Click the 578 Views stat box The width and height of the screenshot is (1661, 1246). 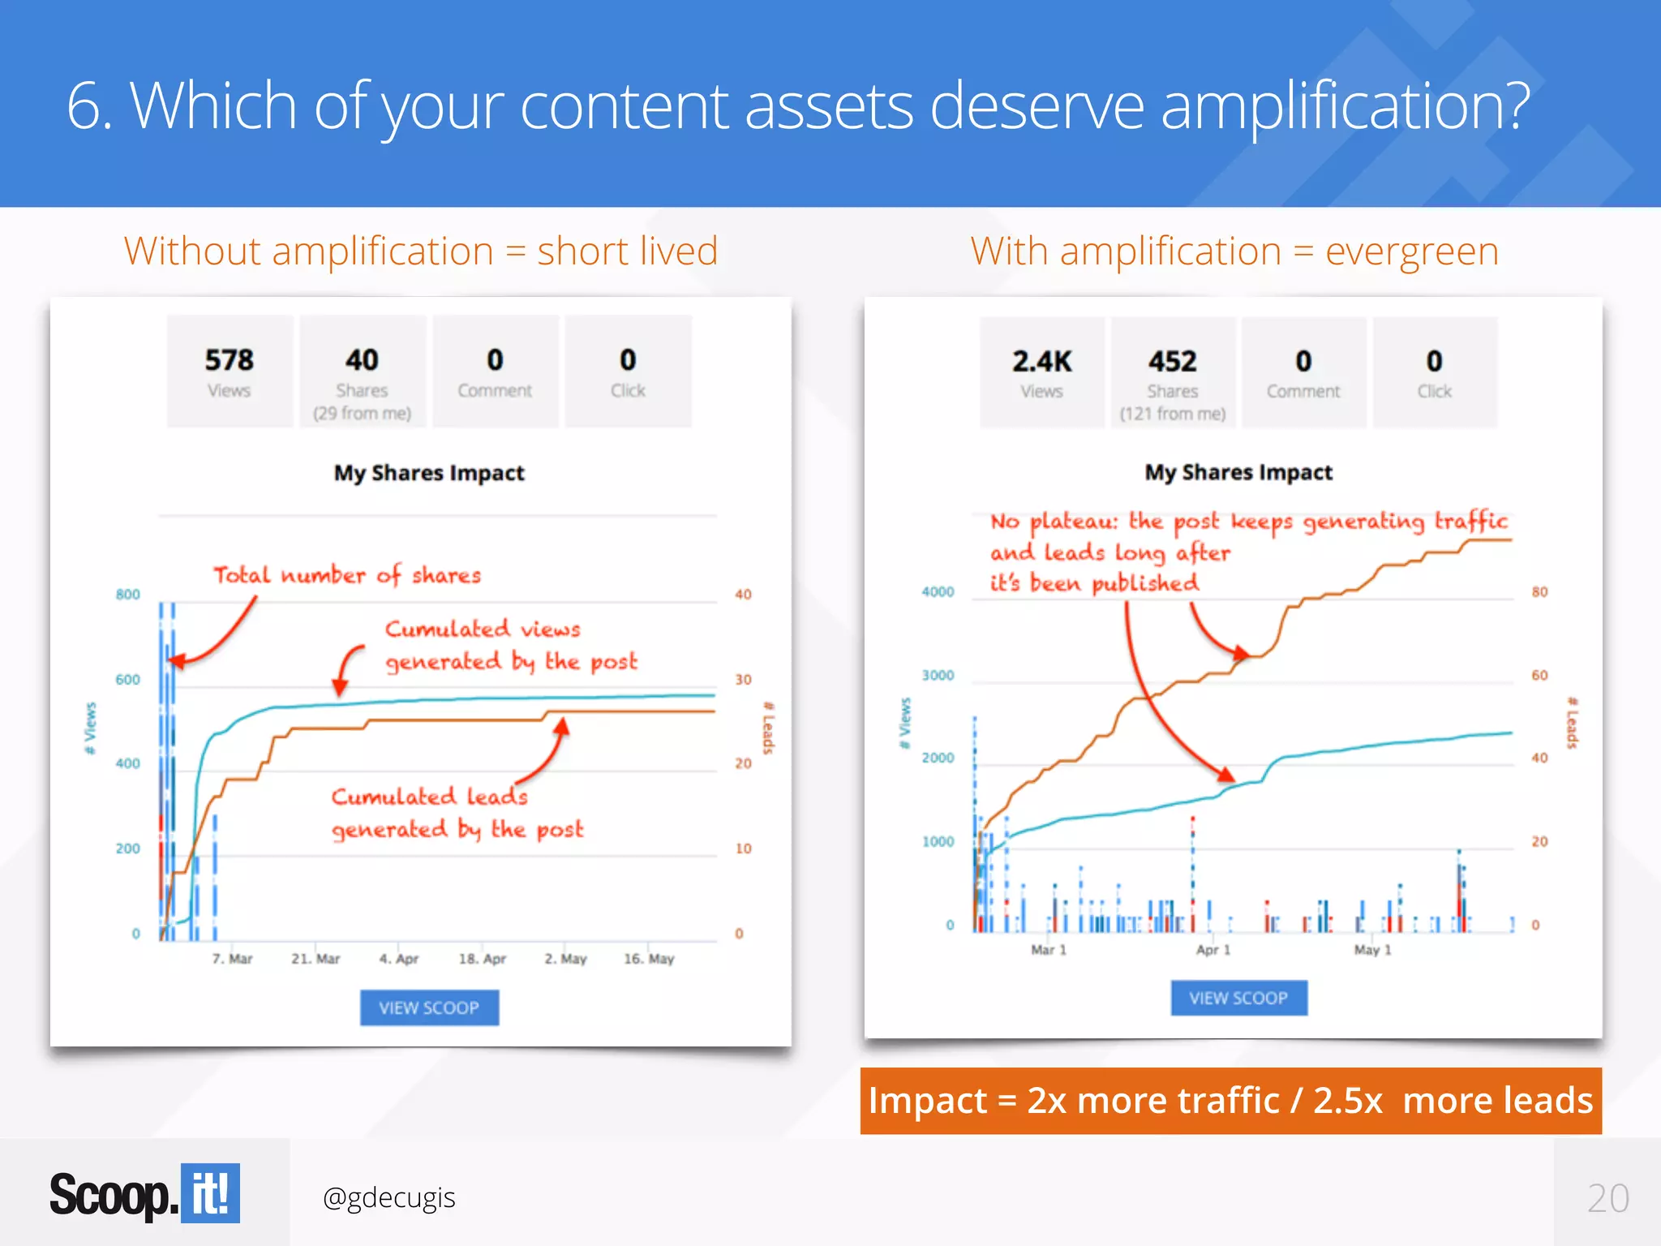tap(230, 371)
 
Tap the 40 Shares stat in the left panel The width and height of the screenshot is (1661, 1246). tap(362, 372)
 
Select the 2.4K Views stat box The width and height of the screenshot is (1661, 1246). tap(1041, 372)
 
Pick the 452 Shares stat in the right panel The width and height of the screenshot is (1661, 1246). tap(1172, 372)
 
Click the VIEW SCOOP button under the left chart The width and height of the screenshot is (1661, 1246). tap(429, 1008)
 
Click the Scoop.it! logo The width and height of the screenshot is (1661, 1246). tap(144, 1193)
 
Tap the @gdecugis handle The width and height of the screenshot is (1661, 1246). tap(388, 1197)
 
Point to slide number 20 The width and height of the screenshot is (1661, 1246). tap(1607, 1198)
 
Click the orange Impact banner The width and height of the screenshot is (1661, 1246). tap(1230, 1101)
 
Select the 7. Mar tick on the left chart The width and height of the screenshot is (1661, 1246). tap(232, 959)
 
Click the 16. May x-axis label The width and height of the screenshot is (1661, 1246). tap(649, 959)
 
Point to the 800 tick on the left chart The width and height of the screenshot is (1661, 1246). tap(127, 595)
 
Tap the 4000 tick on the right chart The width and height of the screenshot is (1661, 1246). tap(938, 592)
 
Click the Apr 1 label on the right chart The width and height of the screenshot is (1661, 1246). tap(1212, 950)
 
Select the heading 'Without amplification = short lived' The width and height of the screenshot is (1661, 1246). tap(421, 251)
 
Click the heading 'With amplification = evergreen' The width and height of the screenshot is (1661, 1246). tap(1234, 251)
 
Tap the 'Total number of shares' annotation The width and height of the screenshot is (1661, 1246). tap(347, 575)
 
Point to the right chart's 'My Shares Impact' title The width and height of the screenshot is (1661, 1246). tap(1238, 472)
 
